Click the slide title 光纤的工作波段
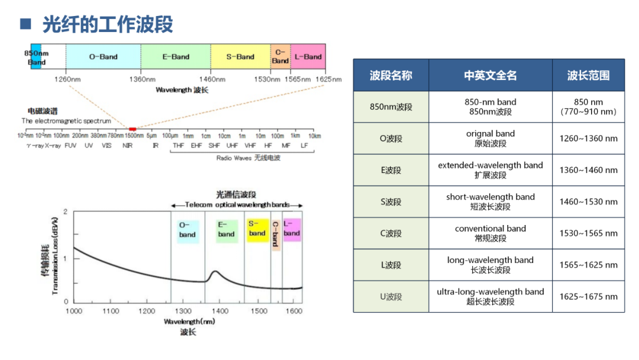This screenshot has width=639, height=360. pyautogui.click(x=107, y=25)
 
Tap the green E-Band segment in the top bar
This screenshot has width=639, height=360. pyautogui.click(x=176, y=57)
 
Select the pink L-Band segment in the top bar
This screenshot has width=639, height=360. pyautogui.click(x=308, y=57)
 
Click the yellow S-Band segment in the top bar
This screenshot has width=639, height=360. pyautogui.click(x=240, y=57)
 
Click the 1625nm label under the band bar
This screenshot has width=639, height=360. pyautogui.click(x=329, y=79)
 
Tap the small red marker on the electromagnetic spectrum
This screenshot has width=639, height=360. pyautogui.click(x=133, y=128)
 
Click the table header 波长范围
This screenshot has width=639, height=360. pyautogui.click(x=588, y=75)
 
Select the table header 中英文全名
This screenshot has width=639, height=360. pyautogui.click(x=490, y=75)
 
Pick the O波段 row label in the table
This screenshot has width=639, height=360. pyautogui.click(x=391, y=139)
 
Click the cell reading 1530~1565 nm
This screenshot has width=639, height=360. pyautogui.click(x=588, y=233)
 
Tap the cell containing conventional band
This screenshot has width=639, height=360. pyautogui.click(x=490, y=229)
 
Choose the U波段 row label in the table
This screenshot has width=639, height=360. pyautogui.click(x=391, y=297)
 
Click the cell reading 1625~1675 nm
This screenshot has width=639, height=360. pyautogui.click(x=588, y=297)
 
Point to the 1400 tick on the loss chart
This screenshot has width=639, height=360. pyautogui.click(x=220, y=311)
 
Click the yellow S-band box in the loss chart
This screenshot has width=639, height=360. pyautogui.click(x=257, y=229)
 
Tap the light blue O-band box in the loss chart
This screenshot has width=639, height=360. pyautogui.click(x=187, y=230)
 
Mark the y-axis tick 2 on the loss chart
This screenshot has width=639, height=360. pyautogui.click(x=65, y=212)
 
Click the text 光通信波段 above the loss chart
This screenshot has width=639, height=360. pyautogui.click(x=235, y=195)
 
